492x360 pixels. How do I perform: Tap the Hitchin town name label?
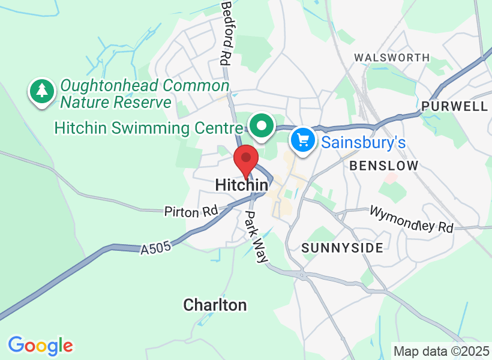pyautogui.click(x=241, y=185)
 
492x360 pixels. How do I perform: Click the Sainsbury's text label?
pyautogui.click(x=363, y=143)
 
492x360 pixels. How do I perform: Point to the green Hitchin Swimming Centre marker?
pyautogui.click(x=262, y=126)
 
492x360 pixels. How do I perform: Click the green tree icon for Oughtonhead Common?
pyautogui.click(x=41, y=91)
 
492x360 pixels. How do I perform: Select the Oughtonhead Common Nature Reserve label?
pyautogui.click(x=144, y=94)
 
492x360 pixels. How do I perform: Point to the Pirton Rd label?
pyautogui.click(x=191, y=211)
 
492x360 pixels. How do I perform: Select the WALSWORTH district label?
pyautogui.click(x=392, y=58)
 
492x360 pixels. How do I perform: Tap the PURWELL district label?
pyautogui.click(x=454, y=106)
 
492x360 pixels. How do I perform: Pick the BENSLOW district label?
pyautogui.click(x=383, y=166)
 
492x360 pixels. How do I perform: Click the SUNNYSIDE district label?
pyautogui.click(x=342, y=248)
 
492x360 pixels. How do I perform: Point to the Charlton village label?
pyautogui.click(x=215, y=305)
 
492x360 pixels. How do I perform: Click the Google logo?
pyautogui.click(x=40, y=346)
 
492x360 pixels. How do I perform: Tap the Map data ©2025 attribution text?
pyautogui.click(x=441, y=350)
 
